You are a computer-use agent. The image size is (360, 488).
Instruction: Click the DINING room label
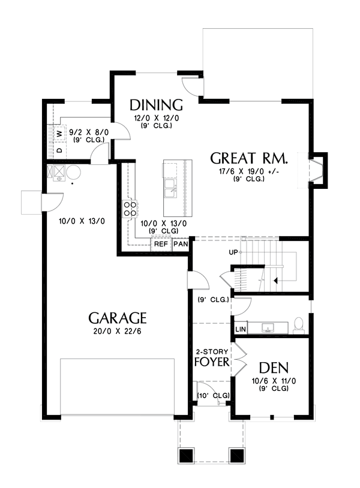(156, 104)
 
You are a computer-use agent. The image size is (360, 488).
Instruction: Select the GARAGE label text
(118, 318)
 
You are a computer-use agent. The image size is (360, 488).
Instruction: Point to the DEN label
(274, 367)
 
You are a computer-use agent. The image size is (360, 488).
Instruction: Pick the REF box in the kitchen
(161, 244)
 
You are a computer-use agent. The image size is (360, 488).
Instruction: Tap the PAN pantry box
(181, 244)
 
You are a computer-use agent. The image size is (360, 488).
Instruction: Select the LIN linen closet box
(240, 329)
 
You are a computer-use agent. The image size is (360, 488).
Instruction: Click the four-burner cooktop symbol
(130, 209)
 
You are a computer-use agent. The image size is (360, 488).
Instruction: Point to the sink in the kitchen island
(170, 188)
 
